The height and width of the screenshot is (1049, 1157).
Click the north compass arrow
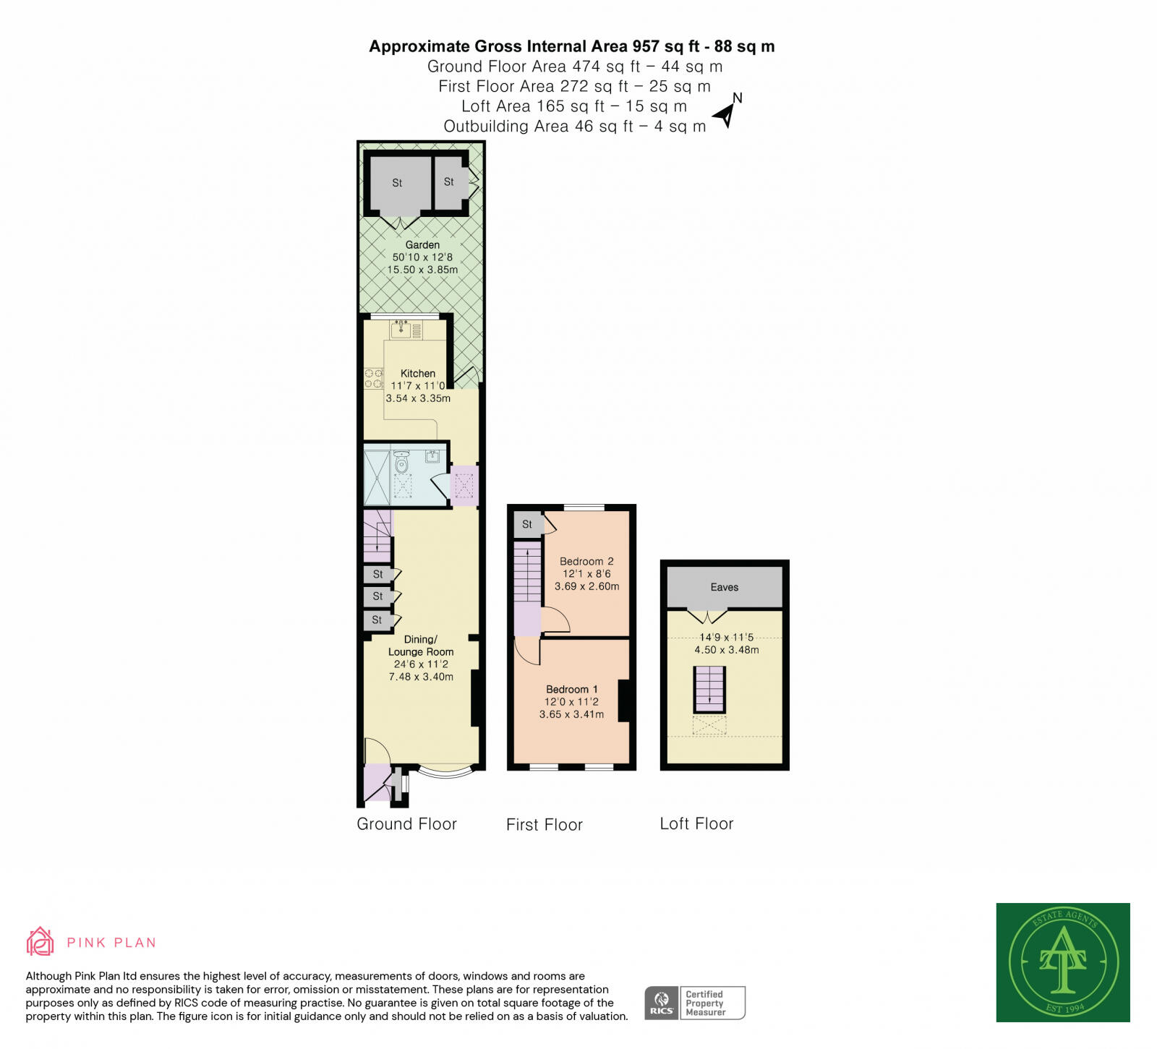pyautogui.click(x=726, y=114)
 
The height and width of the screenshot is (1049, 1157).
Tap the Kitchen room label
pyautogui.click(x=418, y=374)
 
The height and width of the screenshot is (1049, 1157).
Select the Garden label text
pyautogui.click(x=422, y=245)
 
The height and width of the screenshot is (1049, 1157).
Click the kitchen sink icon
pyautogui.click(x=401, y=330)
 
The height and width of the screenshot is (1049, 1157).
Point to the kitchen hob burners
pyautogui.click(x=374, y=378)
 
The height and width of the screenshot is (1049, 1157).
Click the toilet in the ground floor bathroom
pyautogui.click(x=402, y=462)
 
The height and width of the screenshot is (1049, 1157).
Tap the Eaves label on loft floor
pyautogui.click(x=724, y=587)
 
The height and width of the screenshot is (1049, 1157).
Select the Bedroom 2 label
pyautogui.click(x=586, y=561)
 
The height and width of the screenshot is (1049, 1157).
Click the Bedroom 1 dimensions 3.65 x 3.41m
pyautogui.click(x=571, y=714)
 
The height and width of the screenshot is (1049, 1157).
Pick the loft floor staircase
pyautogui.click(x=709, y=689)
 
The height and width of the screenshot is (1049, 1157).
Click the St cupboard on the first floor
pyautogui.click(x=528, y=524)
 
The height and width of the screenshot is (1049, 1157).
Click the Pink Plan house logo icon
pyautogui.click(x=40, y=941)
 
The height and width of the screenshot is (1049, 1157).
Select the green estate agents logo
pyautogui.click(x=1062, y=962)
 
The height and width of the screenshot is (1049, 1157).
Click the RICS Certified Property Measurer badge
pyautogui.click(x=694, y=1003)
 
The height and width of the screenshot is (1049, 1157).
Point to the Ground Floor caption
pyautogui.click(x=406, y=824)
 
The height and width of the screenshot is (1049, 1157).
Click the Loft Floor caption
pyautogui.click(x=696, y=824)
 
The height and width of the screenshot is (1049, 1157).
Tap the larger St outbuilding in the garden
pyautogui.click(x=397, y=184)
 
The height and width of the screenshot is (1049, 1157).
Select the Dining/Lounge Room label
pyautogui.click(x=421, y=646)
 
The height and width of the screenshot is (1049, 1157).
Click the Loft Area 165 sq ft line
pyautogui.click(x=573, y=106)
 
